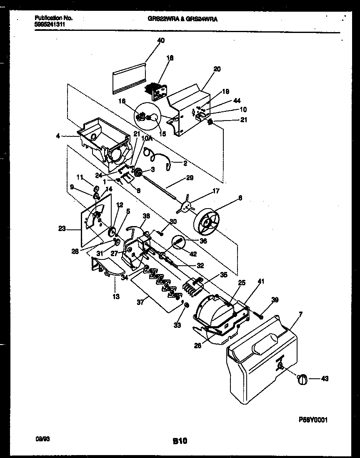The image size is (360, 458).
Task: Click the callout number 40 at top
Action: coord(161,40)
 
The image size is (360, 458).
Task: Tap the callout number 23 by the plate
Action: coord(62,228)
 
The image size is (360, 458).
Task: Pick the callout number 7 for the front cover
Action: coord(300,313)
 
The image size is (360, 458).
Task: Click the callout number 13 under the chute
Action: coord(115,297)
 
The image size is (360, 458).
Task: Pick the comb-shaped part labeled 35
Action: coord(192,286)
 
